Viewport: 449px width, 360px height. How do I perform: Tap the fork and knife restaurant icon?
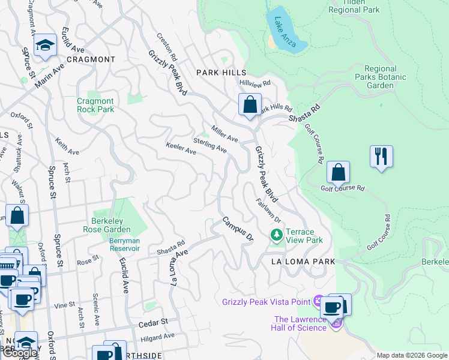[381, 157]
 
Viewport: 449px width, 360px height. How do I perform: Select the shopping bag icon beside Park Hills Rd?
[250, 105]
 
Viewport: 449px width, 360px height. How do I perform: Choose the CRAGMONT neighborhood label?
[91, 59]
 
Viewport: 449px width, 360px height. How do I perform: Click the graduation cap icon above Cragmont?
[45, 46]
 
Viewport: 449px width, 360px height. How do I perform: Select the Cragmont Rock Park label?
[95, 106]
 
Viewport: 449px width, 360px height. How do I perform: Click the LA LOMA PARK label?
[303, 262]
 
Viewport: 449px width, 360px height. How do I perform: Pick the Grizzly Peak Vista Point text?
[267, 301]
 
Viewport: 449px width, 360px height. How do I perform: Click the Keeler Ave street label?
[181, 149]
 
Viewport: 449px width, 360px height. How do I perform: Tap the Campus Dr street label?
[238, 229]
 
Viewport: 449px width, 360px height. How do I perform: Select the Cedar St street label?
[151, 323]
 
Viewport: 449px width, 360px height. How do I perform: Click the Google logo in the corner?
[20, 353]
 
